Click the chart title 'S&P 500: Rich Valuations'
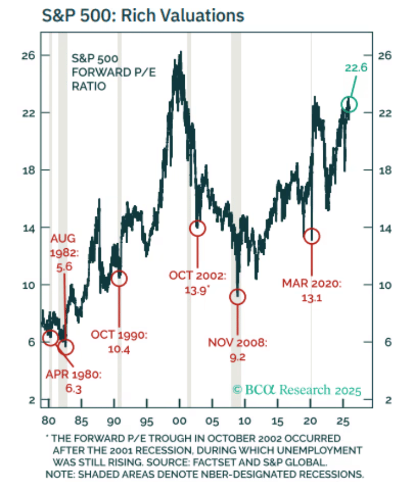pyautogui.click(x=144, y=15)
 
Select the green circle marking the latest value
pyautogui.click(x=349, y=104)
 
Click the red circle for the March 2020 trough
pyautogui.click(x=312, y=235)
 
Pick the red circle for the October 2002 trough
pyautogui.click(x=198, y=228)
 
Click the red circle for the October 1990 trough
pyautogui.click(x=119, y=278)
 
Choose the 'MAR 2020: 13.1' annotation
pyautogui.click(x=311, y=291)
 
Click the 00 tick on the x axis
pyautogui.click(x=179, y=418)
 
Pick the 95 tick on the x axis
pyautogui.click(x=146, y=418)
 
